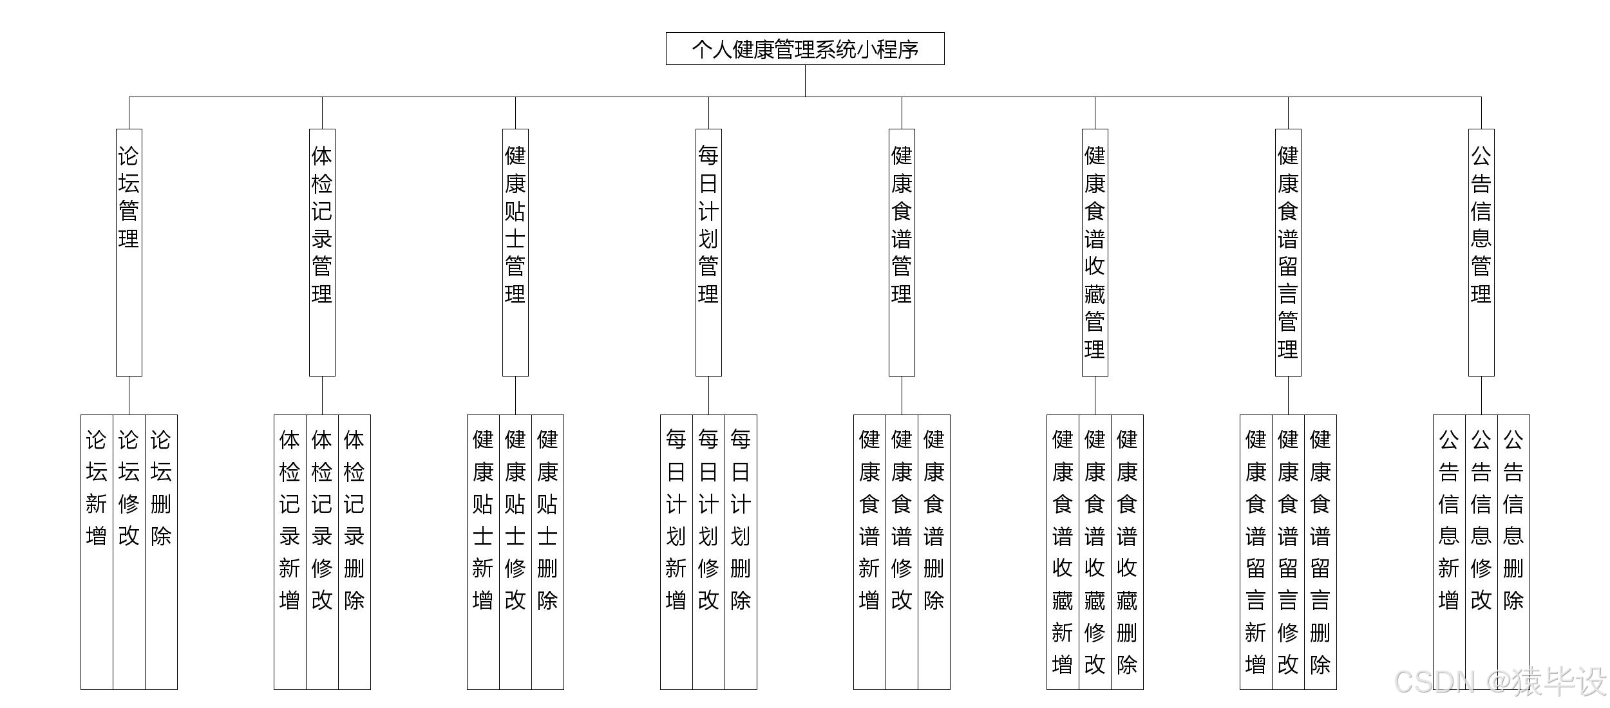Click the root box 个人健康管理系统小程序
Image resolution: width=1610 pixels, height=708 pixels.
805,49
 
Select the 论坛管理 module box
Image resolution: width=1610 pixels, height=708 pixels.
129,252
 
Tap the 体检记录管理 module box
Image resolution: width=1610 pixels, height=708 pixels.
322,252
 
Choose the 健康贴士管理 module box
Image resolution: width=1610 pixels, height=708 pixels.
515,252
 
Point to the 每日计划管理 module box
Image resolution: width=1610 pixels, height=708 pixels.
708,252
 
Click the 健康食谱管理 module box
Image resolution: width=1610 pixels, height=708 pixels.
902,252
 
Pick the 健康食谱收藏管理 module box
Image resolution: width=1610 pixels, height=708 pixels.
1095,252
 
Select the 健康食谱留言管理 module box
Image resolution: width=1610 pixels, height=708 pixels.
1288,252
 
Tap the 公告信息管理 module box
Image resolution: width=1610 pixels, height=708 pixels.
1481,252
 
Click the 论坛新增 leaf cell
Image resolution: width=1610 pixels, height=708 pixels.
97,552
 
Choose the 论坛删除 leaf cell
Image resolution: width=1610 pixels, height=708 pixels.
161,552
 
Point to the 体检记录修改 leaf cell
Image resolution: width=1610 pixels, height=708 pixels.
322,552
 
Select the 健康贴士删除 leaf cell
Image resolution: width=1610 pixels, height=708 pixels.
547,552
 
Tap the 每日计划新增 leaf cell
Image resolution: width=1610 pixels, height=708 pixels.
676,552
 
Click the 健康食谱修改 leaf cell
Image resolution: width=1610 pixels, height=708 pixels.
902,552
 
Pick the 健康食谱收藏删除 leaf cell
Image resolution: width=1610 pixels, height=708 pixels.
1127,552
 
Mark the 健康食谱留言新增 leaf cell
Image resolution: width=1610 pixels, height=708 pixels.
1256,552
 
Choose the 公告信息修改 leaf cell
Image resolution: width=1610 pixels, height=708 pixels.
1481,552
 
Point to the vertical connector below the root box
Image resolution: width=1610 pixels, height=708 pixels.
805,80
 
